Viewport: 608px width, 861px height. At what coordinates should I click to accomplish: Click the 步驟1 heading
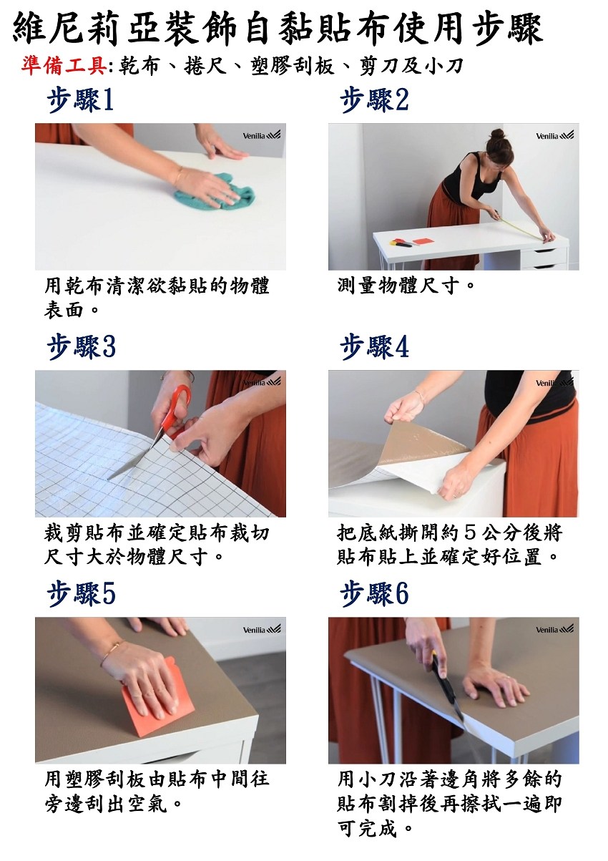pos(80,100)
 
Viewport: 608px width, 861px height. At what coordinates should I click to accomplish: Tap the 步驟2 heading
pos(375,100)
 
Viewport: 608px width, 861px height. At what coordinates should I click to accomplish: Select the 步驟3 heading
pos(81,347)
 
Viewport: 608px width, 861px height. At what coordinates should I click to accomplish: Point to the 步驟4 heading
pos(375,347)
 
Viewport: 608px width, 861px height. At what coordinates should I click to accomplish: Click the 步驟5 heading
pos(81,594)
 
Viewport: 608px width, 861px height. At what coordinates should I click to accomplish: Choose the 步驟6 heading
pos(375,594)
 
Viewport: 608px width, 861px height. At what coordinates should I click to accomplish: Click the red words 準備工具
pos(64,66)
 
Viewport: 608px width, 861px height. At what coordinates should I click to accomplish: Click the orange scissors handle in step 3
pos(175,412)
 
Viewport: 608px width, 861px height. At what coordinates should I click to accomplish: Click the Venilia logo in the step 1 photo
pos(261,135)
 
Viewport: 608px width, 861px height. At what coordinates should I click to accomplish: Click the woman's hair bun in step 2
pos(497,134)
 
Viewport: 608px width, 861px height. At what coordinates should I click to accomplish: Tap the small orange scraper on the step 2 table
pos(423,241)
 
